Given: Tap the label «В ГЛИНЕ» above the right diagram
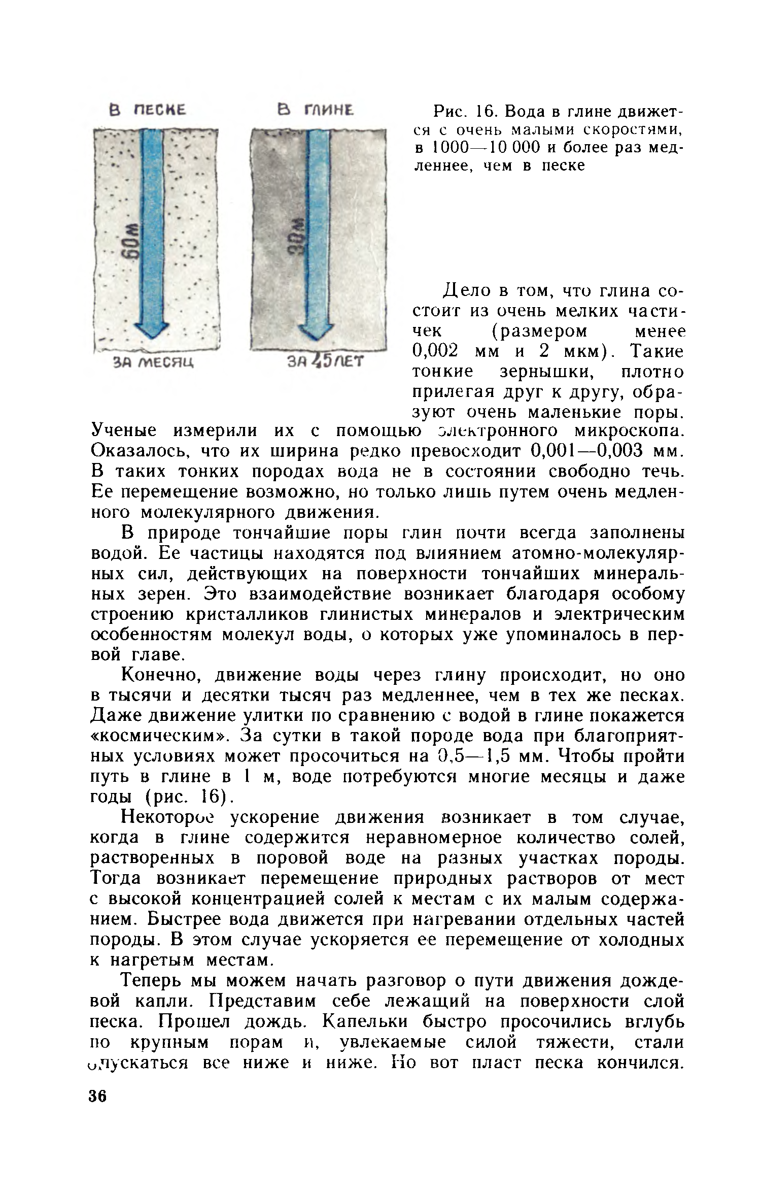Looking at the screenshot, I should [x=315, y=110].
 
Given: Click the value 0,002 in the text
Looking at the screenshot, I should [x=435, y=351].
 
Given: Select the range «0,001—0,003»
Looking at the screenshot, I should [x=586, y=451].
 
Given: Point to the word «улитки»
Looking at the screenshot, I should [x=271, y=715].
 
